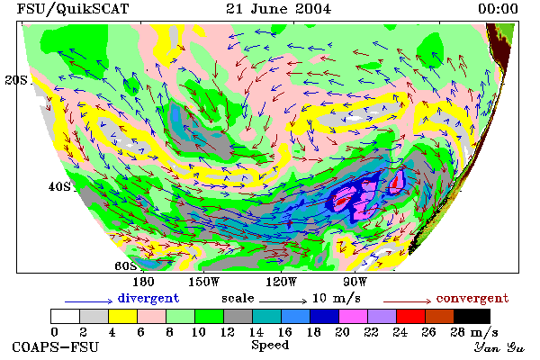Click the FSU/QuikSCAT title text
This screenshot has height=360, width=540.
coord(73,9)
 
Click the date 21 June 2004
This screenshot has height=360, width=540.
coord(278,9)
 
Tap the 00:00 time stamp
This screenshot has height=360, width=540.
coord(498,9)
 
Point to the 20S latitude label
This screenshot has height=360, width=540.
coord(16,80)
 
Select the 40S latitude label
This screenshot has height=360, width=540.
coord(59,186)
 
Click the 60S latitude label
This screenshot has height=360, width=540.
coord(125,266)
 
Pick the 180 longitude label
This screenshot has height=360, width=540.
coord(143,282)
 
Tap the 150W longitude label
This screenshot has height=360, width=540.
coord(204,282)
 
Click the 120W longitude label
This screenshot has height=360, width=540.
coord(281,282)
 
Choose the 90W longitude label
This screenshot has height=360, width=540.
coord(355,282)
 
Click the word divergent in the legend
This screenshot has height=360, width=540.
coord(148,298)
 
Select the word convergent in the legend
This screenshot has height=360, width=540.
coord(472,298)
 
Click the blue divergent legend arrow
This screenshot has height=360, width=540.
coord(88,301)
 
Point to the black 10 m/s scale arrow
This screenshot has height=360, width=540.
coord(283,301)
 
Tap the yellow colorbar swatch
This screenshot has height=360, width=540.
coord(123,316)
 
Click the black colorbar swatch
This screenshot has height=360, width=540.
coord(472,316)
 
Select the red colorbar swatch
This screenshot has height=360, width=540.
coord(411,316)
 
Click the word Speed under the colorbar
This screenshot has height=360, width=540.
coord(270,346)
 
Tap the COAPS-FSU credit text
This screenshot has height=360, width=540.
coord(56,346)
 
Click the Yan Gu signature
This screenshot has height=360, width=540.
coord(499,347)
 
